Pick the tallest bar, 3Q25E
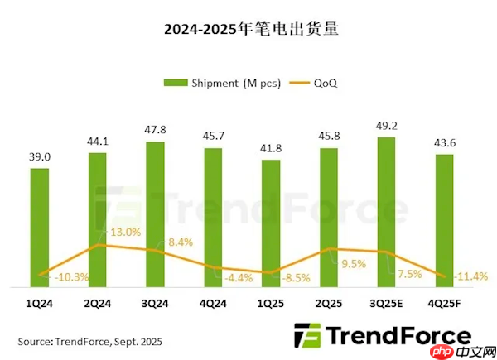click(387, 212)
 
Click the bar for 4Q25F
click(444, 220)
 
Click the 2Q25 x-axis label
click(329, 304)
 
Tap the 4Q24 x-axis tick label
click(213, 304)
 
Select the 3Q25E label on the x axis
click(387, 304)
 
